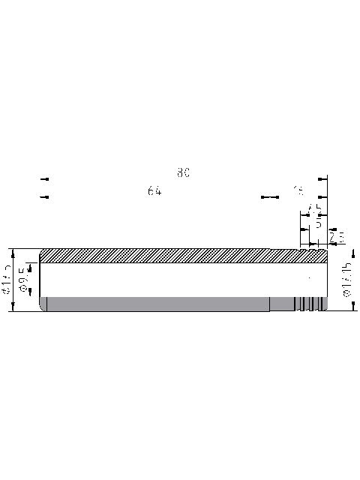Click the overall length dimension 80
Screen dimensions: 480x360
coord(184,172)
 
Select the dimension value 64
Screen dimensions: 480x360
coord(154,191)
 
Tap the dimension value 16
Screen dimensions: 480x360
coord(299,190)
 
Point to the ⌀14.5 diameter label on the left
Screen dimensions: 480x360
coord(8,279)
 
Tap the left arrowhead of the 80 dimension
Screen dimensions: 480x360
coord(44,179)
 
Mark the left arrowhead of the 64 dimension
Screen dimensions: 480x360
coord(44,197)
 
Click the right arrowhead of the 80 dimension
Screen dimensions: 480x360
coord(322,179)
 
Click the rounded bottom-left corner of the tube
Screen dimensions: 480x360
coord(42,308)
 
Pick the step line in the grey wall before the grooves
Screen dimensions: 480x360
coord(270,304)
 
